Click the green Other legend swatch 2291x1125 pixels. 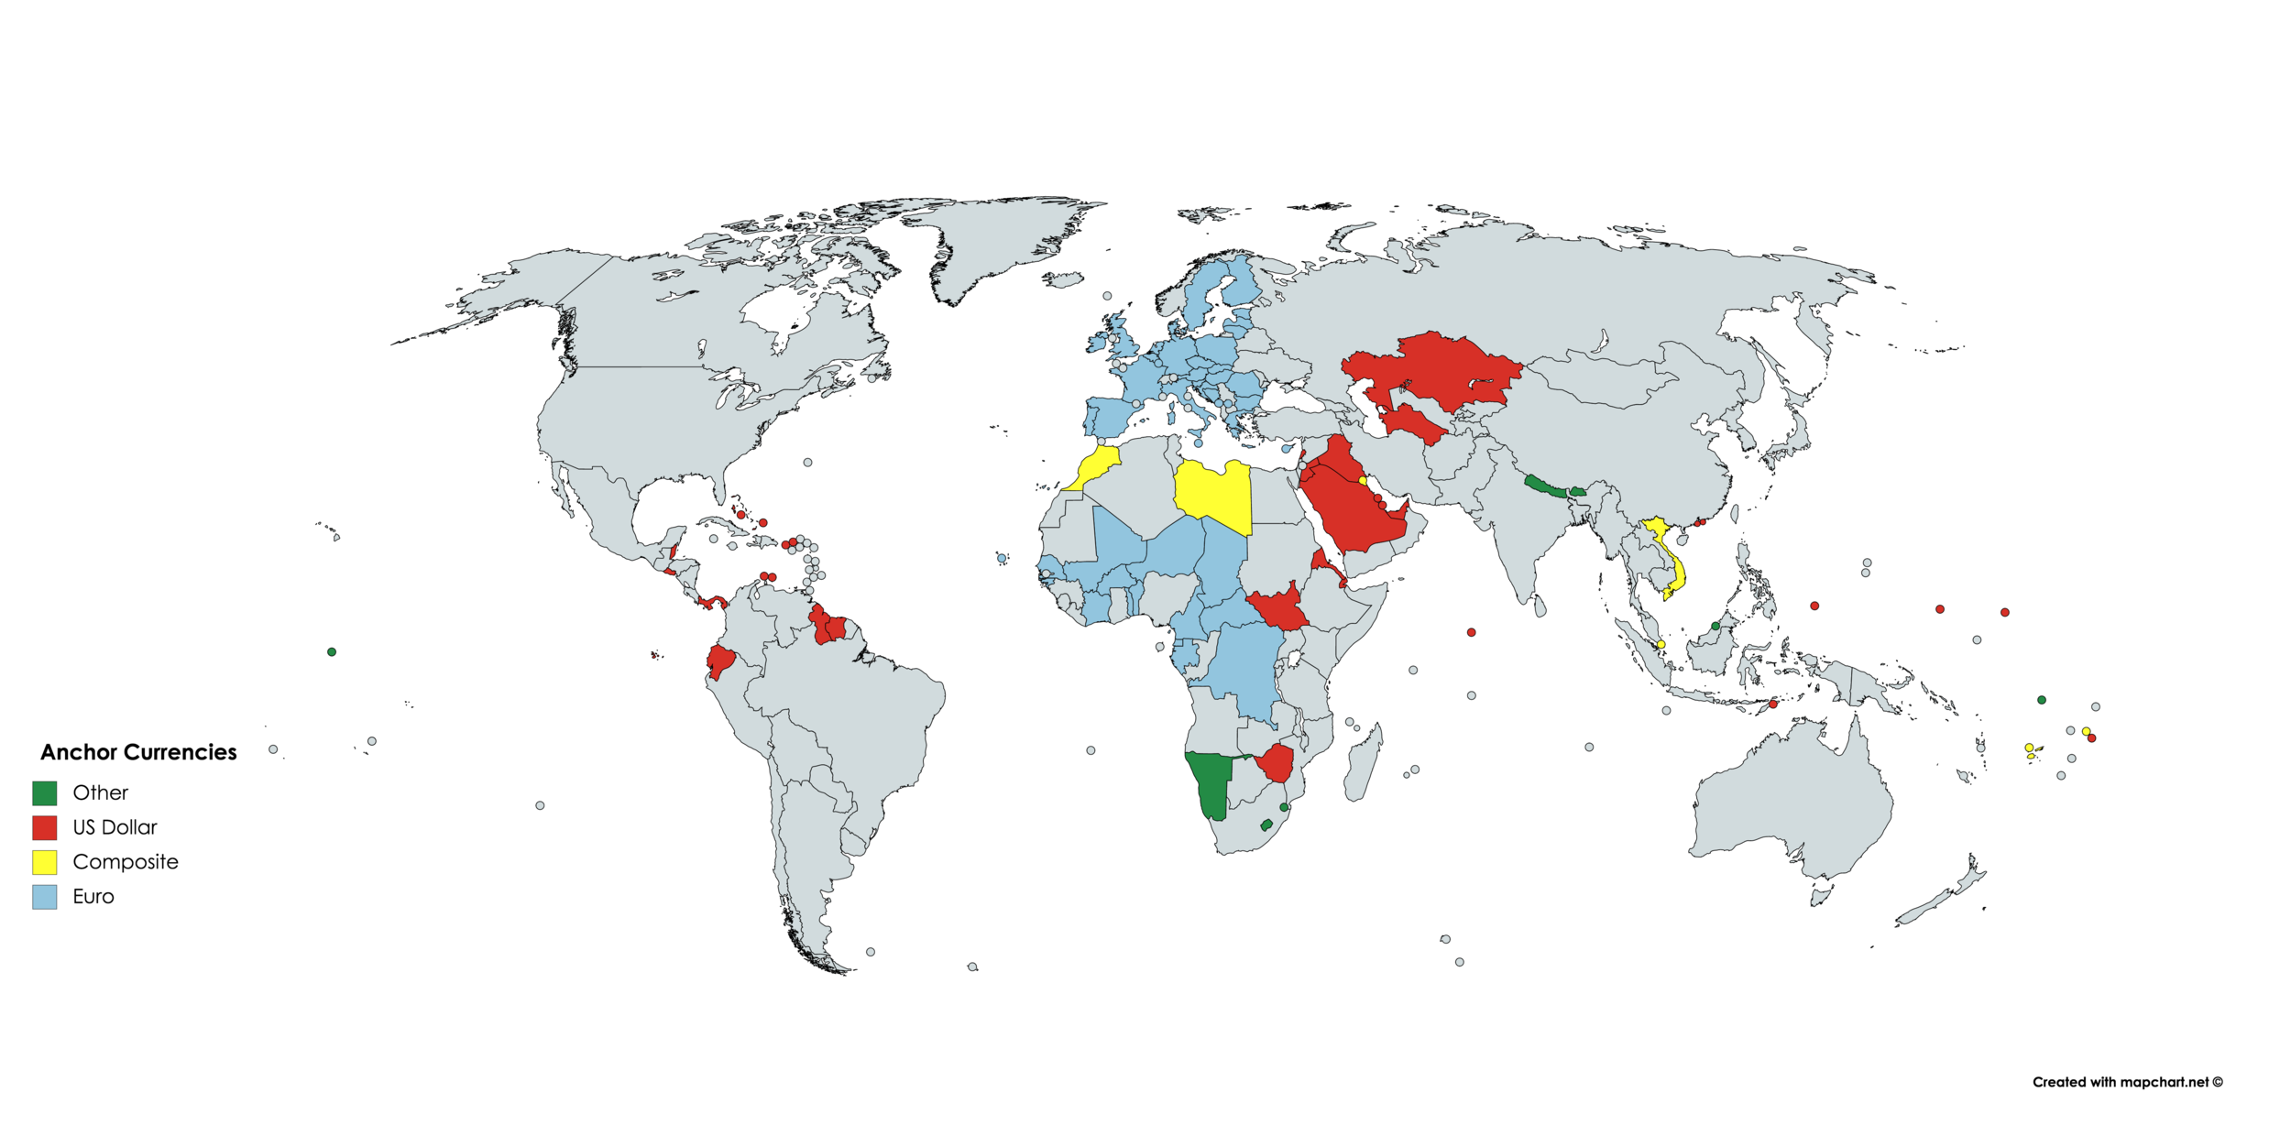coord(44,792)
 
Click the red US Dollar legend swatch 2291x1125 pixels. coord(44,827)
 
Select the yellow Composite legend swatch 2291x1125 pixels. coord(44,862)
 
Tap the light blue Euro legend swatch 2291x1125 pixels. coord(44,897)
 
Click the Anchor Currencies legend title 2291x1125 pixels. coord(138,752)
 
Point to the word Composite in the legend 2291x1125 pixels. coord(126,862)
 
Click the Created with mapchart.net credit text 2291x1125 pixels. coord(2127,1082)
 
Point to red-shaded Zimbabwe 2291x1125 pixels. coord(1277,762)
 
